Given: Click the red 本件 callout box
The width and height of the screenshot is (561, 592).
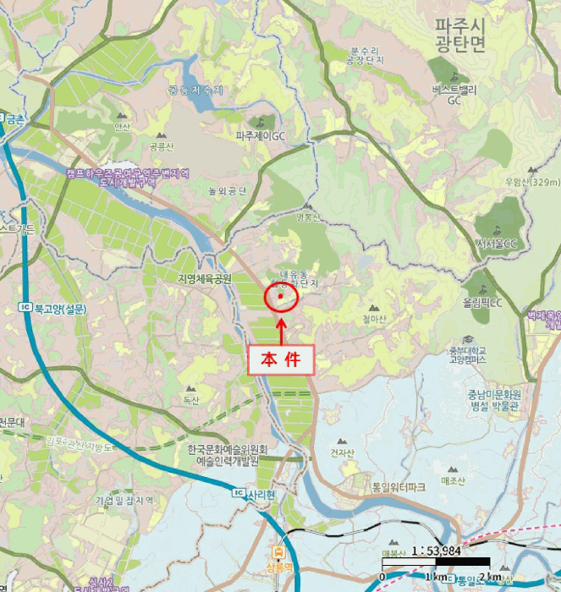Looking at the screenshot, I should [x=280, y=359].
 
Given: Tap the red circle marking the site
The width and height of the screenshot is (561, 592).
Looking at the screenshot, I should [x=281, y=296].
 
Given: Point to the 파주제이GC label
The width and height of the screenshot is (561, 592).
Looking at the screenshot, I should [x=261, y=134].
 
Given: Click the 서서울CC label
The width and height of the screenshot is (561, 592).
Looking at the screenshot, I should [x=497, y=244].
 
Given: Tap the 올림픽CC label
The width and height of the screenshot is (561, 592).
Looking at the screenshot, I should [x=482, y=303].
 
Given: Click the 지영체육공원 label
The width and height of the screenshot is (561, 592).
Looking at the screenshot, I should [x=204, y=278].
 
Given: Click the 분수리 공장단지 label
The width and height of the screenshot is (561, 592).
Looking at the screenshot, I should [x=366, y=56].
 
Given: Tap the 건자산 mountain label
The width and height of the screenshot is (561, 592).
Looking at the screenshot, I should [x=342, y=452].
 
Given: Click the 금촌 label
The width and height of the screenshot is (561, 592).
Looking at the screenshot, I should [x=15, y=120].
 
